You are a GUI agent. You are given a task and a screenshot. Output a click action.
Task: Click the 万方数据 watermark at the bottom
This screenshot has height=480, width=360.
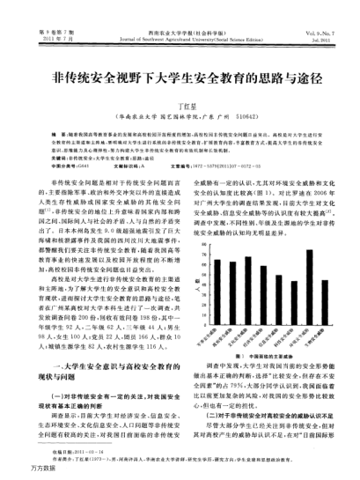tap(19, 473)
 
